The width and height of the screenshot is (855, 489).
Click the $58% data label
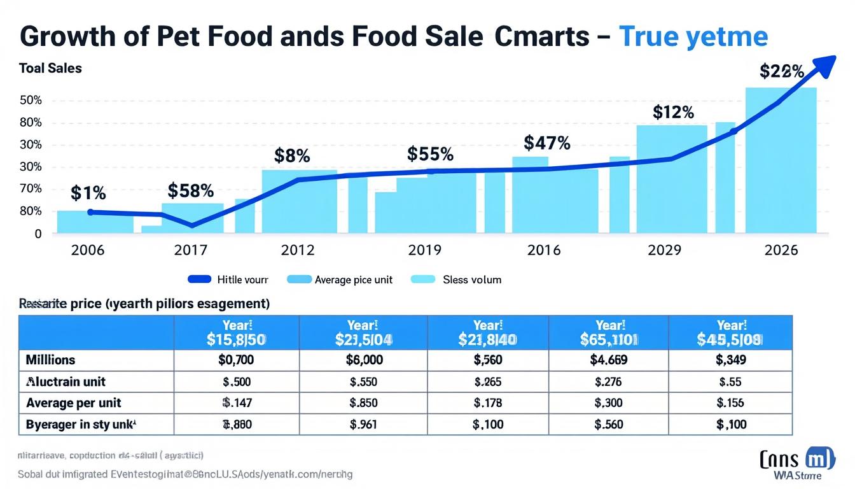tap(191, 190)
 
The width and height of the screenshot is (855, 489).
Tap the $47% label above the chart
tap(546, 143)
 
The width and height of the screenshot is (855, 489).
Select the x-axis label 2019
tap(424, 250)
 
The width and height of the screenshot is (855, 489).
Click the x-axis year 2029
tap(664, 250)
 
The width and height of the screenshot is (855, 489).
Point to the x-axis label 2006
tap(88, 250)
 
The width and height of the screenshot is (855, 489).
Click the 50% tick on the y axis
tap(31, 101)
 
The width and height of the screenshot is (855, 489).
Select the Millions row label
tap(50, 360)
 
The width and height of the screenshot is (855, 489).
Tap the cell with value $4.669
tap(609, 360)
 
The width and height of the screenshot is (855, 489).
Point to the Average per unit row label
tap(74, 403)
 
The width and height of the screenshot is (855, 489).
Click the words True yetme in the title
tap(693, 37)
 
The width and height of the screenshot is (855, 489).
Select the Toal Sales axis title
tap(50, 68)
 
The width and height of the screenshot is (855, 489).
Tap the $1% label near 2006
tap(88, 192)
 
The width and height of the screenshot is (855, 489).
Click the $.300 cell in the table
tap(609, 403)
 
